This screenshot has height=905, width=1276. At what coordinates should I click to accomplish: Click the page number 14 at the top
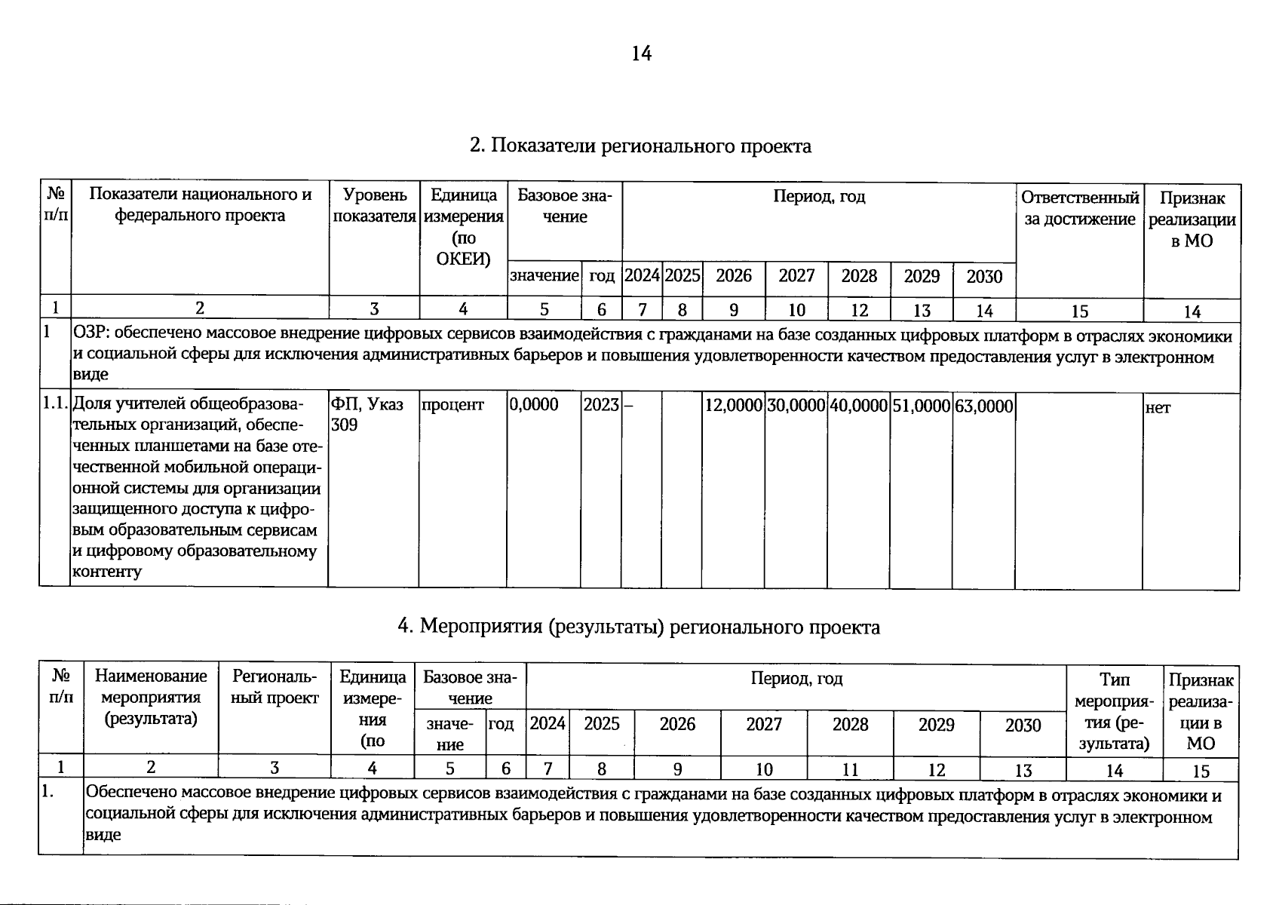641,54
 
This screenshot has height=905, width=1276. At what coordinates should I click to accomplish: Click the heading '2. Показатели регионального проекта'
640,146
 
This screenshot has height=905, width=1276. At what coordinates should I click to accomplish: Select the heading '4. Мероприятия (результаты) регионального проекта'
638,627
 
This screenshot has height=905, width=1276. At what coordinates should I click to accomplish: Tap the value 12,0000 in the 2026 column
733,406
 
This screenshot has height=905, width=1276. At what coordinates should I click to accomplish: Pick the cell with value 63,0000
983,406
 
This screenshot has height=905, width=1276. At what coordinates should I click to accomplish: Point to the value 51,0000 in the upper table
921,406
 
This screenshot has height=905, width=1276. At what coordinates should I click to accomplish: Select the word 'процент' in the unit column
452,405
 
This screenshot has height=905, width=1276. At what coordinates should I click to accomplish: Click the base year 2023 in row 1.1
600,405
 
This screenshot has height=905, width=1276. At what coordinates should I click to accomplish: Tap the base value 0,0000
534,405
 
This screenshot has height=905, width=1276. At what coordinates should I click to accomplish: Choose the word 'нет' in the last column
1158,408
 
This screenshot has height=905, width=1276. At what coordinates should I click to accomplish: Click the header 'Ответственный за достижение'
1079,208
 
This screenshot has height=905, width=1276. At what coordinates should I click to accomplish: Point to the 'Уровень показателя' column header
374,205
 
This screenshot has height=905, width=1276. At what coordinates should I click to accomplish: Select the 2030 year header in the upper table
984,276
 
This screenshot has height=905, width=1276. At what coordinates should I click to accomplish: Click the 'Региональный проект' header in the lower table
275,688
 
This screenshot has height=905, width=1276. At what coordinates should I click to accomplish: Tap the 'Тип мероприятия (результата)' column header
1114,711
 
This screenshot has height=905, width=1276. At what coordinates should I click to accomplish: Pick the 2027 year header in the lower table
764,725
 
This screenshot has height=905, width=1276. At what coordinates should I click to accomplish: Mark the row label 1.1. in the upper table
55,404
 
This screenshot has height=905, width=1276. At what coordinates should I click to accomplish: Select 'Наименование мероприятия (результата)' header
151,698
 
